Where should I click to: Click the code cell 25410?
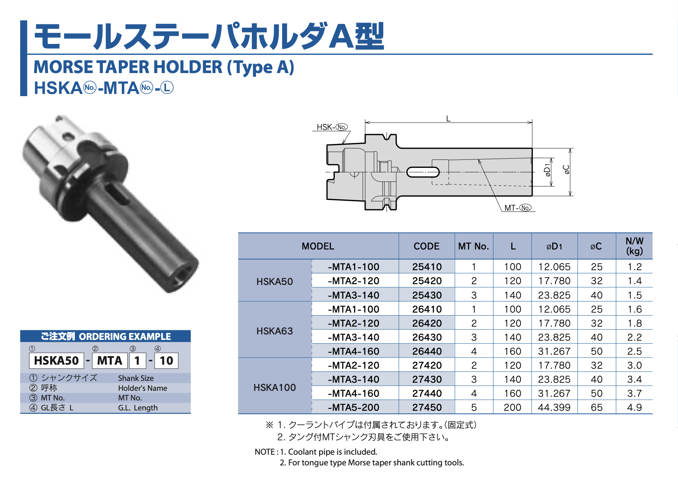click(427, 267)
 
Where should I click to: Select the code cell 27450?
click(427, 407)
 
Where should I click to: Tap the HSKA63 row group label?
click(274, 331)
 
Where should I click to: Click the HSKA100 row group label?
click(274, 388)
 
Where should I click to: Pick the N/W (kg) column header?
click(634, 246)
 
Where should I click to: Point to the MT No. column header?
click(474, 246)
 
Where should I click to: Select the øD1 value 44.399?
click(554, 407)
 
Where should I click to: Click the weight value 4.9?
click(634, 407)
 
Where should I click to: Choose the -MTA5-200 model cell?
click(353, 407)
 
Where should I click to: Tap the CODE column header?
click(427, 246)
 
